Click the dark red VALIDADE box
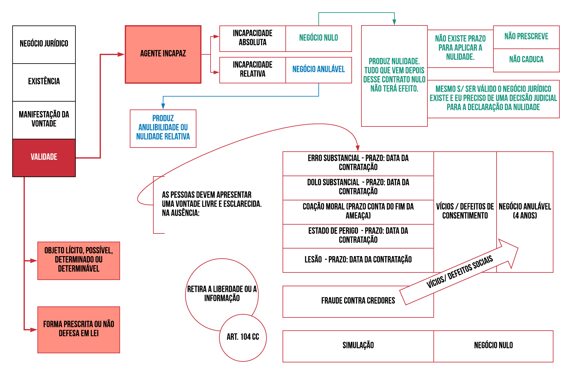[44, 158]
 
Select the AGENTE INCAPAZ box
[163, 54]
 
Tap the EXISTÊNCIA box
[44, 82]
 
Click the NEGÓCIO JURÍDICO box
[44, 44]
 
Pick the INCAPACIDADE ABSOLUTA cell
[252, 38]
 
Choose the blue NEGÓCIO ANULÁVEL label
[318, 70]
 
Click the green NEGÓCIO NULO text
[318, 38]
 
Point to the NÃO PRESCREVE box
[526, 37]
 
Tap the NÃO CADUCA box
[526, 60]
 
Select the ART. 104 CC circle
[243, 337]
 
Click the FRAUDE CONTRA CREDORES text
[358, 301]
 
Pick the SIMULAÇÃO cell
[358, 346]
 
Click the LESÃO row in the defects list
[358, 260]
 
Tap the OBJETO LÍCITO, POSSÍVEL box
[79, 260]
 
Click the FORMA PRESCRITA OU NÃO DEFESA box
[79, 329]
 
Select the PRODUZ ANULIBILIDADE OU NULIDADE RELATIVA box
[163, 128]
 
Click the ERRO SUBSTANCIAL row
[358, 163]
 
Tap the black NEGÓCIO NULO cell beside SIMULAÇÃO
[493, 346]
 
